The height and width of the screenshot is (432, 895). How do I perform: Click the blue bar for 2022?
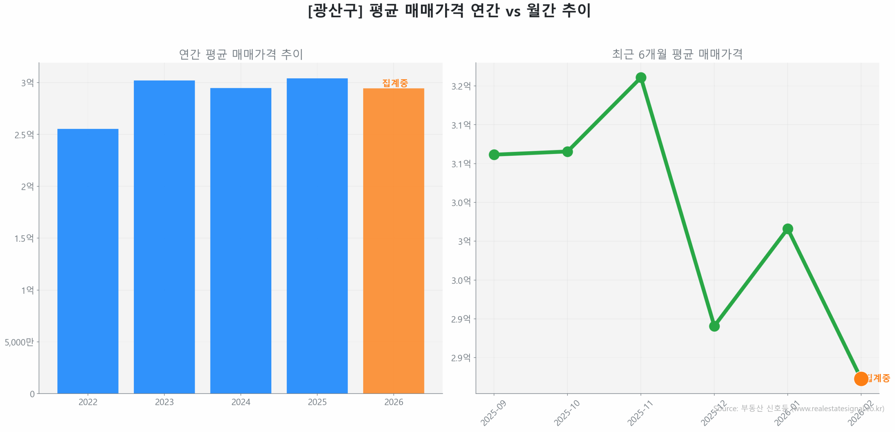(x=88, y=261)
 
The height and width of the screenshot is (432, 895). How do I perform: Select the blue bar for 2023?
(x=164, y=237)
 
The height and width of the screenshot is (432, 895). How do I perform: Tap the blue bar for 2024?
(x=241, y=241)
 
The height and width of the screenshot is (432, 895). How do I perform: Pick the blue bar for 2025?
(x=317, y=236)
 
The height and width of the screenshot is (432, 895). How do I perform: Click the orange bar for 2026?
(x=393, y=241)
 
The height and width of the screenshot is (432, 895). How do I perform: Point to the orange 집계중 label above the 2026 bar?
(x=395, y=83)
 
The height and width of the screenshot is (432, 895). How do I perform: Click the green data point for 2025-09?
(x=494, y=154)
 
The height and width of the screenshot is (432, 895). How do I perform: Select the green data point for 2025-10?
(x=567, y=152)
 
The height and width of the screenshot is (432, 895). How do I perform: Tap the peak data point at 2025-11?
(x=640, y=77)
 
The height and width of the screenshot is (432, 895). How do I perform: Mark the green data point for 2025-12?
(x=714, y=326)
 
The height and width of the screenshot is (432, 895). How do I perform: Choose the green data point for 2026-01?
(x=787, y=229)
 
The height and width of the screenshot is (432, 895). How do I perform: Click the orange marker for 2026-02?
(x=861, y=378)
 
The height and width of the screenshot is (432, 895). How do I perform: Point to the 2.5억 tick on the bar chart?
(x=24, y=135)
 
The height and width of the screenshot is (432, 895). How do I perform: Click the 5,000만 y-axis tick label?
(x=19, y=342)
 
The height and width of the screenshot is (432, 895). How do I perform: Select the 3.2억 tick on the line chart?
(x=461, y=86)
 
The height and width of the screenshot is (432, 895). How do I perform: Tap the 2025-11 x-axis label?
(x=639, y=413)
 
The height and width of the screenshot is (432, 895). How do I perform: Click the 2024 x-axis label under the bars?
(x=241, y=402)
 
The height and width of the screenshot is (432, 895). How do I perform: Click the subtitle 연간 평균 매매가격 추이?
(x=241, y=54)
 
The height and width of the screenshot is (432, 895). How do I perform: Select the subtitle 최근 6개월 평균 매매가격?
(x=677, y=54)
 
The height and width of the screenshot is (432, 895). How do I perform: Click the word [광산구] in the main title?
(x=335, y=11)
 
